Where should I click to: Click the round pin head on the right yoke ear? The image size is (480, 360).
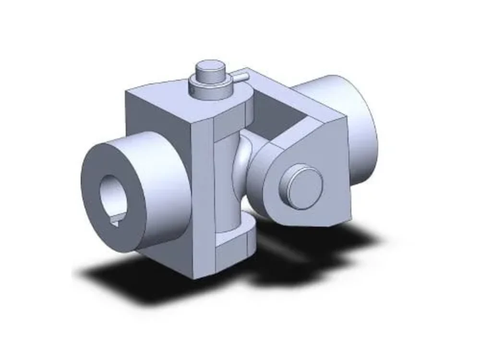tap(301, 186)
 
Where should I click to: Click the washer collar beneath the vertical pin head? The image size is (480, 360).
tap(211, 88)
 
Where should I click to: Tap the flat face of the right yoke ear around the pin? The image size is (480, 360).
tap(326, 158)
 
